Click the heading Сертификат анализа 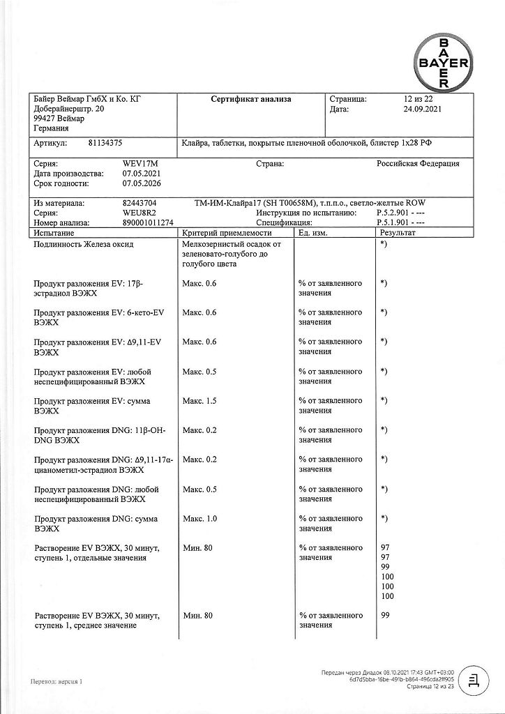251,100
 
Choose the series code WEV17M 137,163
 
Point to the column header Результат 396,232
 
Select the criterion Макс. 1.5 199,401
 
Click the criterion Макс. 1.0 199,519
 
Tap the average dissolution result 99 386,616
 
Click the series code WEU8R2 138,213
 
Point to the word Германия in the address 51,129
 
